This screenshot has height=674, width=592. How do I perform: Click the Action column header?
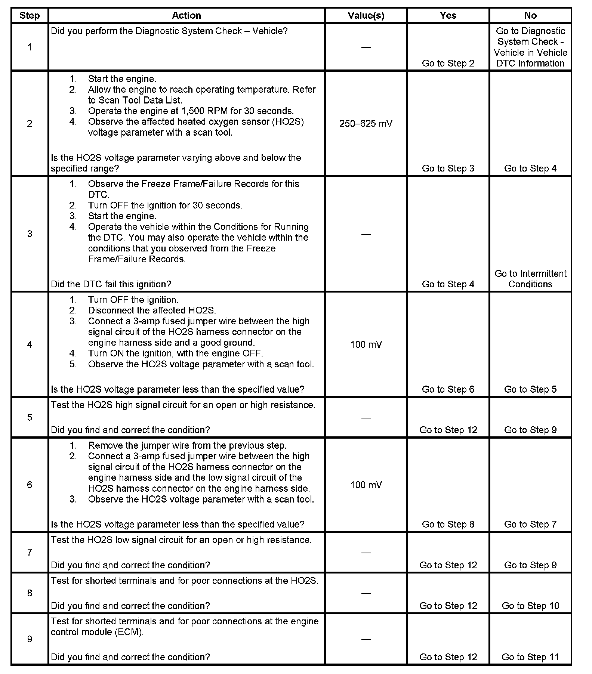point(186,15)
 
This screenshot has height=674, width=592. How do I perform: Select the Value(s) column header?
point(366,15)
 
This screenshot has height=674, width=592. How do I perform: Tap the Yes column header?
point(448,15)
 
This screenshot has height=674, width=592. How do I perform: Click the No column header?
point(530,15)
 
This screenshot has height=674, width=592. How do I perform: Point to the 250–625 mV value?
point(366,124)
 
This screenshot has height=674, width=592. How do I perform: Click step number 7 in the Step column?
point(30,552)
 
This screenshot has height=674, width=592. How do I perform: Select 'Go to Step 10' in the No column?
point(530,606)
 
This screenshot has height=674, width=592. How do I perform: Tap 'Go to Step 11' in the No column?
point(530,657)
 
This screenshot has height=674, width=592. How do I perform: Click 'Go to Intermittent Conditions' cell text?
point(530,279)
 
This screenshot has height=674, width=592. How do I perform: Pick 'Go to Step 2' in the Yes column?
point(448,63)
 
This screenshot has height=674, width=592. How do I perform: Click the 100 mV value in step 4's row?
point(366,344)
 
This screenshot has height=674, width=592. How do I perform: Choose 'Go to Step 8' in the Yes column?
point(448,524)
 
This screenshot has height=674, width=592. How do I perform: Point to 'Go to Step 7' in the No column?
point(530,524)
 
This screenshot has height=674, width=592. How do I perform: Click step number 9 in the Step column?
point(30,639)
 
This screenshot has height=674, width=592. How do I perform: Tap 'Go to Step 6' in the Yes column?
point(448,389)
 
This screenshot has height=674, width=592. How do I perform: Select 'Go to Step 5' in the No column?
point(530,389)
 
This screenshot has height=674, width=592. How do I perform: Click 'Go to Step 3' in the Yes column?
point(448,168)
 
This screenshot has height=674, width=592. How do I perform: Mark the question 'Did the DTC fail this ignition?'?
point(111,284)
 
